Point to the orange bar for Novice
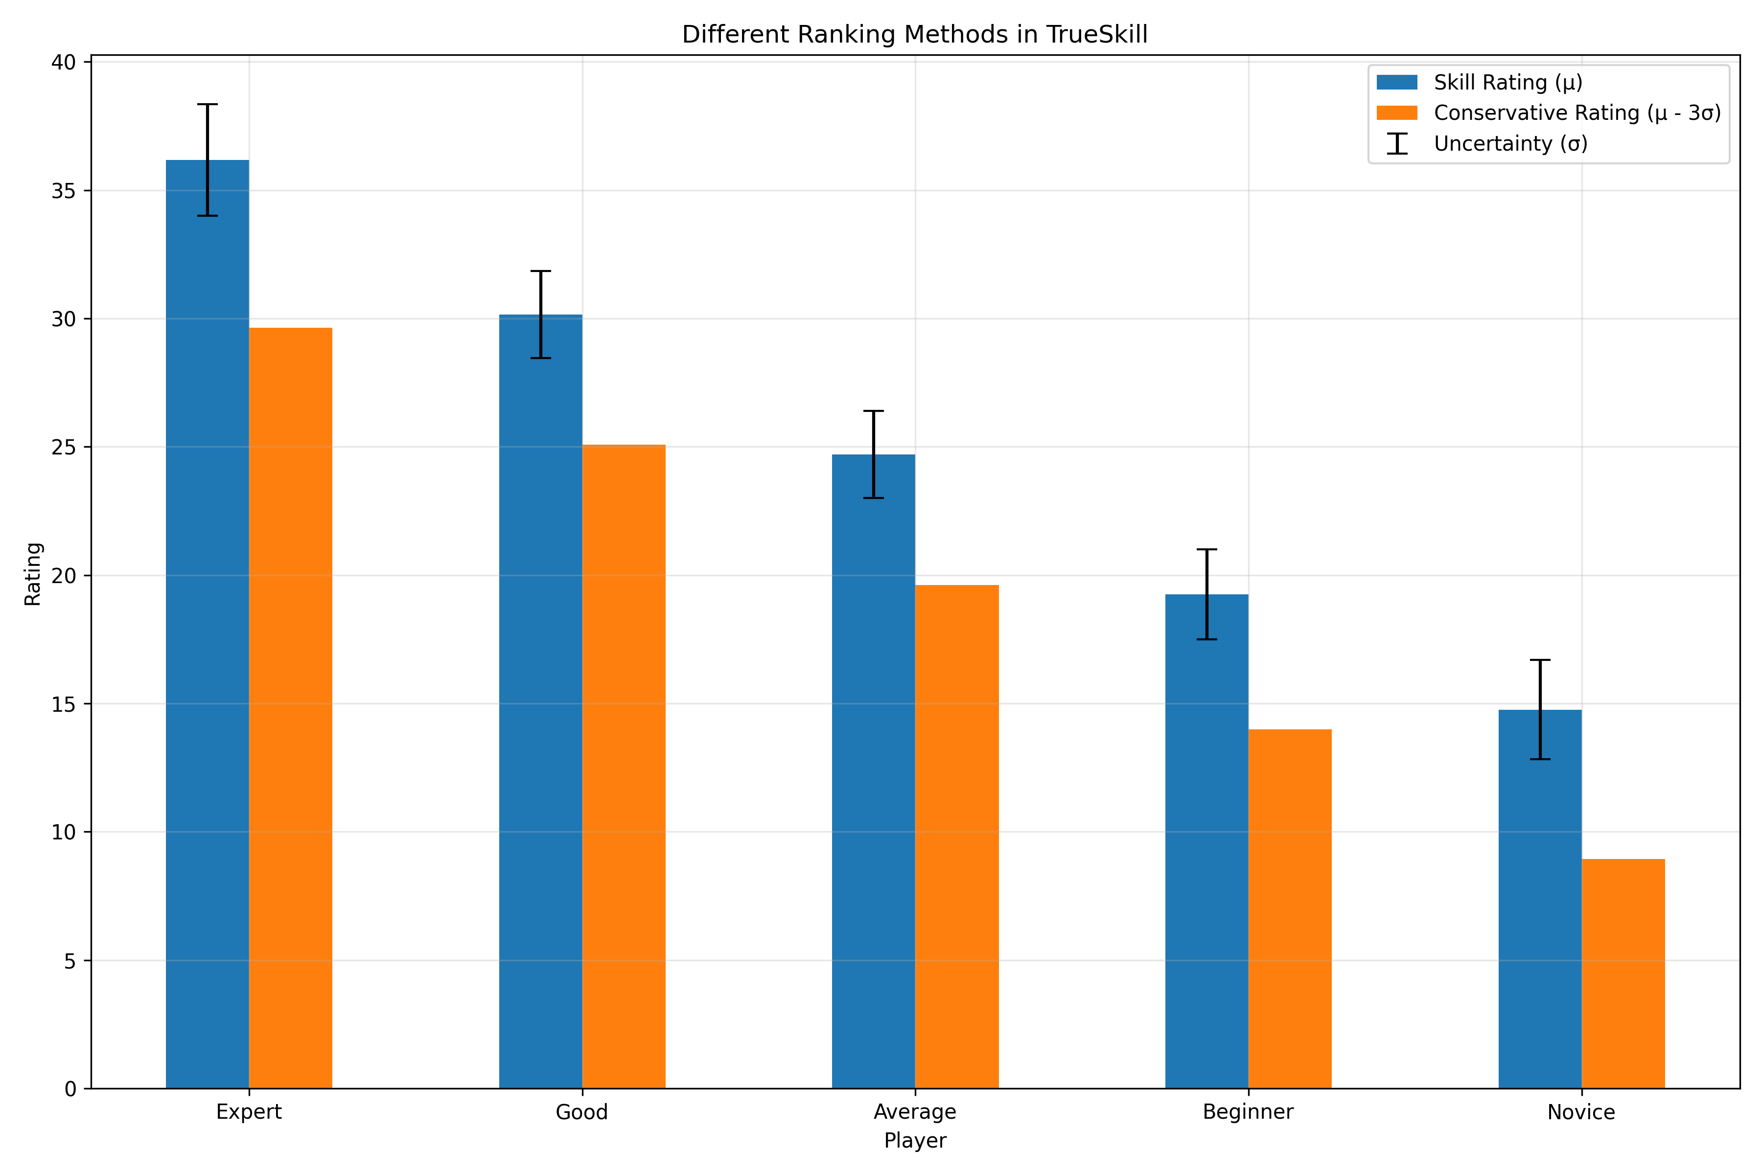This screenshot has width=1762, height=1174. (x=1623, y=973)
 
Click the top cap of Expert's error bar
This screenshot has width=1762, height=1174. (x=208, y=105)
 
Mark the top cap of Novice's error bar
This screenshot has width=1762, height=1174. (x=1539, y=660)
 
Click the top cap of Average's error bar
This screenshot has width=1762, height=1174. (x=874, y=411)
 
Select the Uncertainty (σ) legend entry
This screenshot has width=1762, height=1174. (x=1509, y=144)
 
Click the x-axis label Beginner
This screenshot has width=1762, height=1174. (x=1248, y=1112)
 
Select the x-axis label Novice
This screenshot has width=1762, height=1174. (x=1581, y=1112)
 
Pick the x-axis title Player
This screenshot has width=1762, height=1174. (x=915, y=1141)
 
